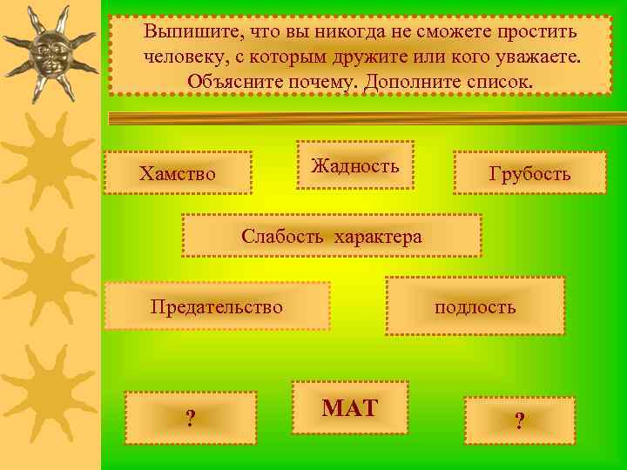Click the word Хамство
coord(177,174)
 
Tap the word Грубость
coord(529,174)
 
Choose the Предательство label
coord(216,306)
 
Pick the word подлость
coord(475,306)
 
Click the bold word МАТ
coord(350,406)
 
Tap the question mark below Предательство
coord(190,420)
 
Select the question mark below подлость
coord(519,421)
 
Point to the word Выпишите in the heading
coord(185,32)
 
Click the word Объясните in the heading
coord(229,81)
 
